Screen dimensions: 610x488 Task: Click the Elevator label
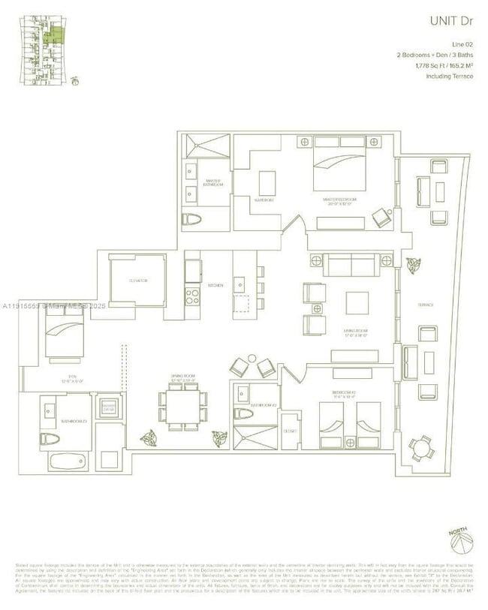point(137,280)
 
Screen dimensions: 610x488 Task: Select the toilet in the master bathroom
point(191,219)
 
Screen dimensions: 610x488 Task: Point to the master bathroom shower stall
point(205,146)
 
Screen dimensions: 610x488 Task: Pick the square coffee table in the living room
point(357,302)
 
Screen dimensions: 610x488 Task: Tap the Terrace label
point(429,304)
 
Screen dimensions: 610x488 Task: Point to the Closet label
point(291,431)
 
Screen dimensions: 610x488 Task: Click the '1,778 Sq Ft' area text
point(420,66)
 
